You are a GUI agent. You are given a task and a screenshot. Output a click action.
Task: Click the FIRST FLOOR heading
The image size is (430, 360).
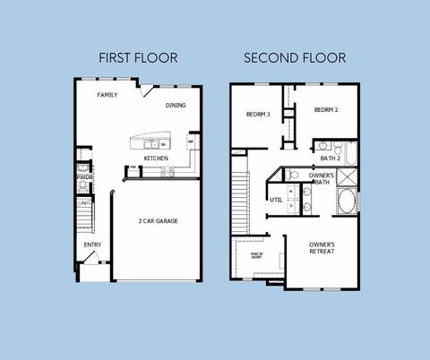click(x=138, y=58)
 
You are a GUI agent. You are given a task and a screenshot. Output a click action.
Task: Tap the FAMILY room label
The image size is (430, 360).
click(x=107, y=95)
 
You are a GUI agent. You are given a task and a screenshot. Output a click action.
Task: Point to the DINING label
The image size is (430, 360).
click(x=176, y=106)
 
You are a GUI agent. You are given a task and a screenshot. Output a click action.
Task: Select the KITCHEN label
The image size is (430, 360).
click(x=156, y=159)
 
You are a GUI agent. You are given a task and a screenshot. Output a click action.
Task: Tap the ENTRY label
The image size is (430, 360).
click(x=92, y=244)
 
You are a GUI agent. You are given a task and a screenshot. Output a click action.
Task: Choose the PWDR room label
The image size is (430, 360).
click(x=85, y=176)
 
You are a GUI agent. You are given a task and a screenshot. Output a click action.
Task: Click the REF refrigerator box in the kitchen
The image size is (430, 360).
click(x=191, y=141)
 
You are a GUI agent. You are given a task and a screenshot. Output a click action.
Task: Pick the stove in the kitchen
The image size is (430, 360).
click(x=167, y=172)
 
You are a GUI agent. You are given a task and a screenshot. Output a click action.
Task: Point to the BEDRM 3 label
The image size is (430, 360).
click(x=258, y=114)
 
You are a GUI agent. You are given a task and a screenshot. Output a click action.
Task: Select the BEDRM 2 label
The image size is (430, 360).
click(x=325, y=109)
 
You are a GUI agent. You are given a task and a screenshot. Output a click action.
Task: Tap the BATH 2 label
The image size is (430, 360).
click(x=331, y=159)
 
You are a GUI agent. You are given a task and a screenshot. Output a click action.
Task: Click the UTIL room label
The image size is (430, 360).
click(x=276, y=200)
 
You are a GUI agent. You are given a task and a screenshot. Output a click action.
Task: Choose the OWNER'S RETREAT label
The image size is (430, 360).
click(x=322, y=248)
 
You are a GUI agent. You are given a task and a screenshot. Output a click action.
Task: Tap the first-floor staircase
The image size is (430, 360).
click(x=83, y=216)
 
